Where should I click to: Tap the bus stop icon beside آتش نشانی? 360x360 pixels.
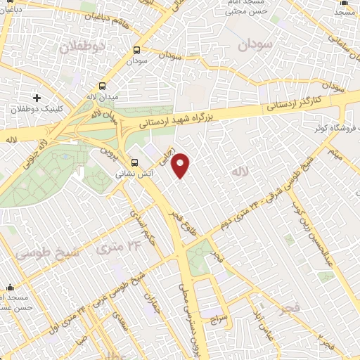coord(135,161)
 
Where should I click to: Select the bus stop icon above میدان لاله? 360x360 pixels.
coord(136,51)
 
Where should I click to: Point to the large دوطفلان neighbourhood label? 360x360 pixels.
coord(82,46)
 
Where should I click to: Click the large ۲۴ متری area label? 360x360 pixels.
coord(122,247)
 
